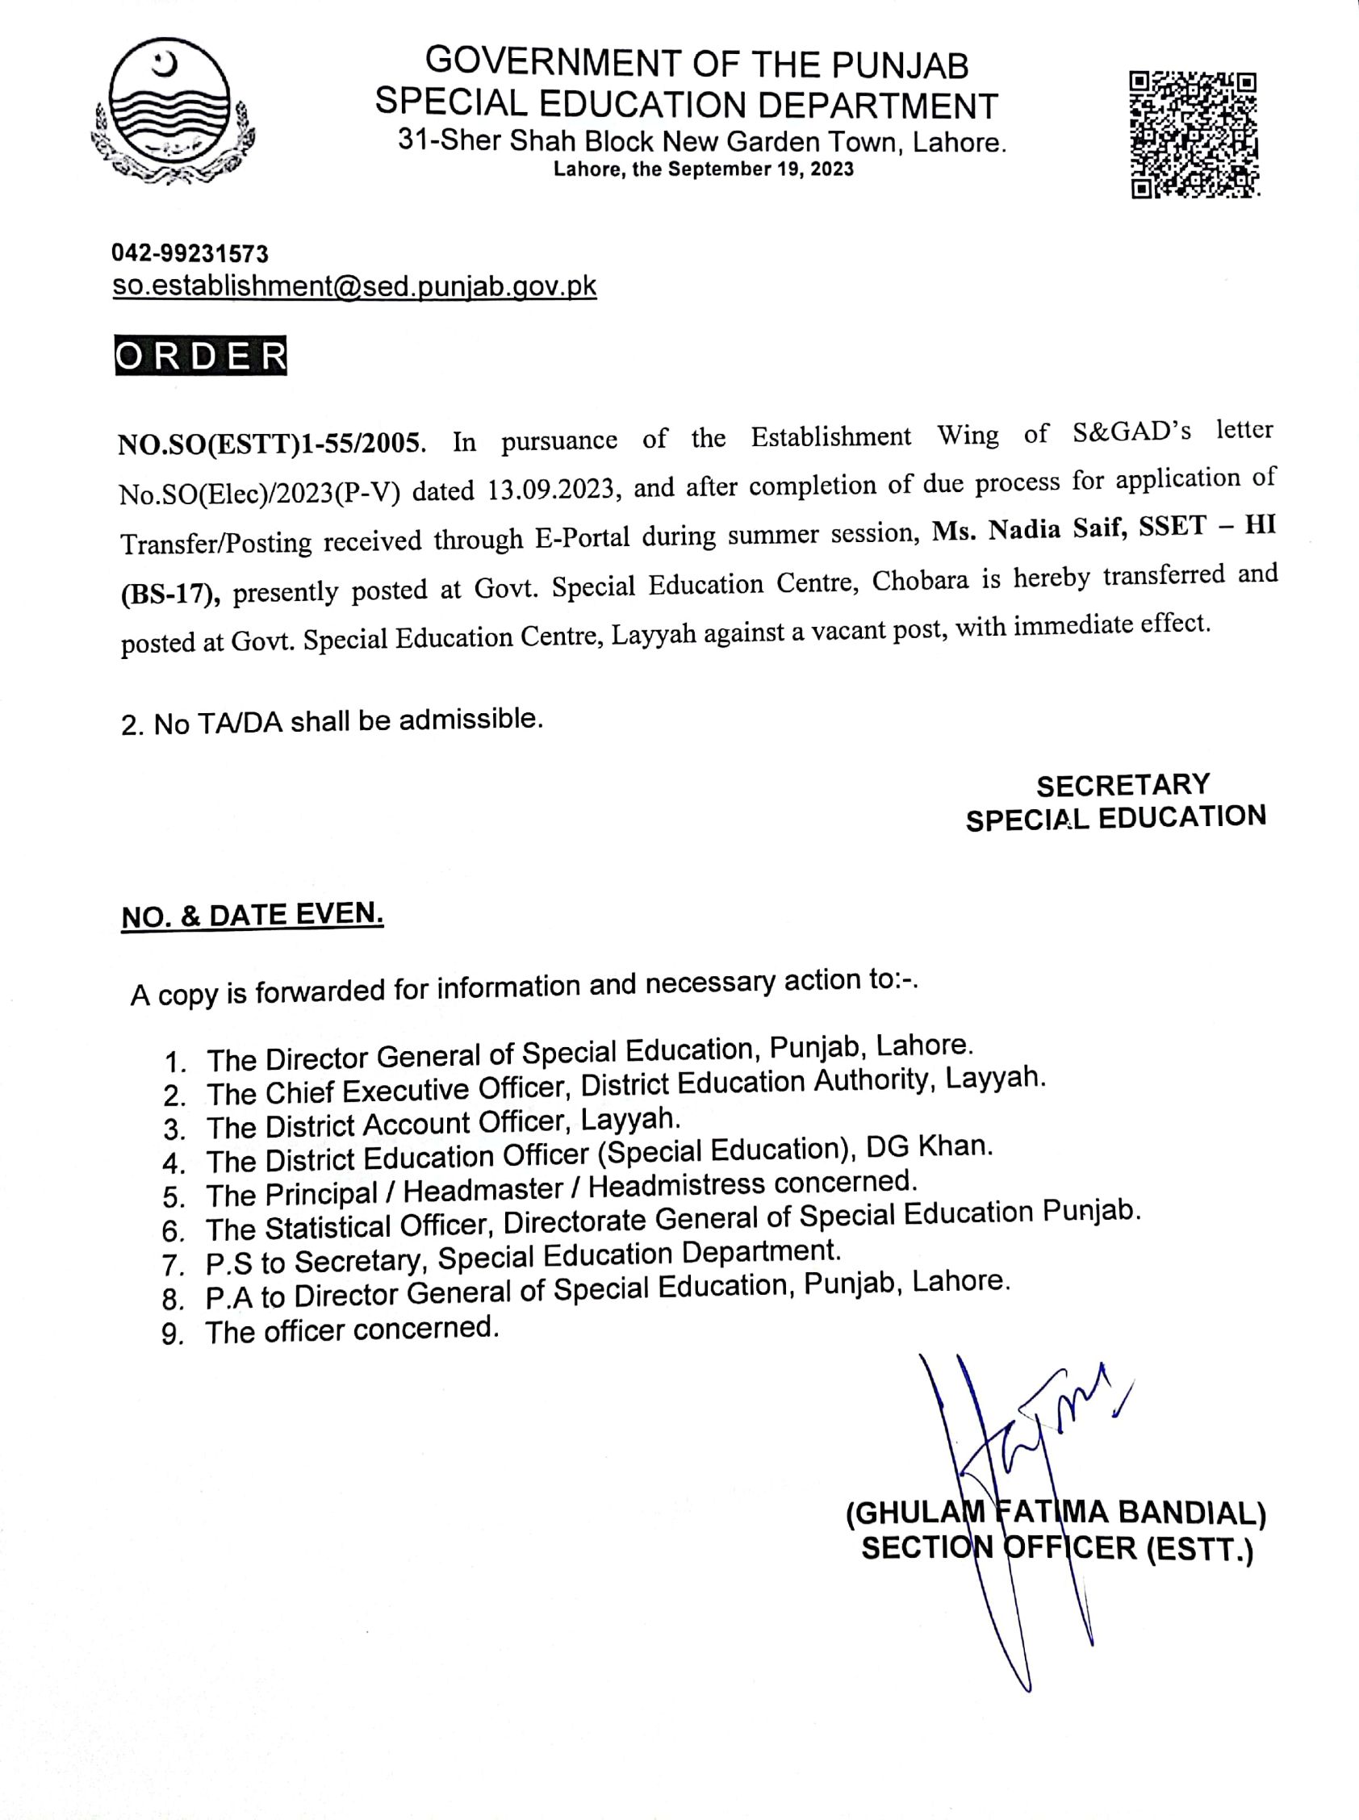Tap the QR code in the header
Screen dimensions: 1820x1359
[1194, 134]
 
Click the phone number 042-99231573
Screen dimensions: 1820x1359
[190, 253]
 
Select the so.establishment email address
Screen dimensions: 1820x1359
[353, 286]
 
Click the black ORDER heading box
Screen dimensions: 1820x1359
[201, 355]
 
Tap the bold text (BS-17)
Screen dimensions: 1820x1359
[170, 594]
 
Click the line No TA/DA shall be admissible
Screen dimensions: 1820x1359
[332, 721]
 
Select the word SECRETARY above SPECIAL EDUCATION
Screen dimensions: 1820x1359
[1122, 786]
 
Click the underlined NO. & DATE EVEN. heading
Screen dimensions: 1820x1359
[253, 916]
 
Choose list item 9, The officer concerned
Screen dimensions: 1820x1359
[351, 1330]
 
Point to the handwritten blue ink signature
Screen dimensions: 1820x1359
[1020, 1480]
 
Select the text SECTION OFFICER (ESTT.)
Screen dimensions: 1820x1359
[1056, 1549]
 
